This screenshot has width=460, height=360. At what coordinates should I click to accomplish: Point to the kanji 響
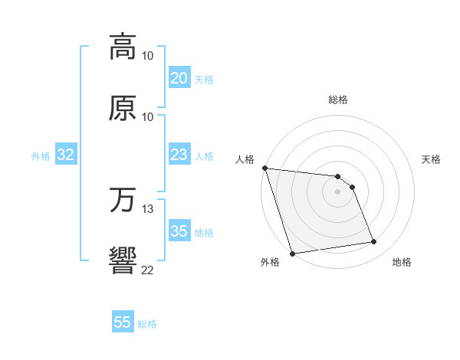123,260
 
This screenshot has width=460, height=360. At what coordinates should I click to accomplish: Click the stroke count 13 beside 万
148,209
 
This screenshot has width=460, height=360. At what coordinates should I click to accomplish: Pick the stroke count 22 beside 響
148,270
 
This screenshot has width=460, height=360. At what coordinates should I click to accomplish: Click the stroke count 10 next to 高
148,56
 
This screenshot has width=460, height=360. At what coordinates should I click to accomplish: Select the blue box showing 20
179,77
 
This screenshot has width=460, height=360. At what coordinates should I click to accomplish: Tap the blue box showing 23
179,155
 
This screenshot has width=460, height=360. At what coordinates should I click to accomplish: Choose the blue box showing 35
179,231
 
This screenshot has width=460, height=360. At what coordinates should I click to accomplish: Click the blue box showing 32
66,155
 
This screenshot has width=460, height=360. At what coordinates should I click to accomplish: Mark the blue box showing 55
123,322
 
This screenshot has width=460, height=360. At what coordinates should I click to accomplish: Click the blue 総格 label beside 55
147,324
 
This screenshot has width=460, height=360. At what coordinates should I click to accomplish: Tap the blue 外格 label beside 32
41,156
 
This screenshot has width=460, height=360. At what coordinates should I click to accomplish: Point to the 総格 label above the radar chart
338,100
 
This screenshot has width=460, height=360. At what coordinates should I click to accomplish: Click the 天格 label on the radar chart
432,159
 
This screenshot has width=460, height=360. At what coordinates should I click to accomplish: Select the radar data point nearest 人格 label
264,168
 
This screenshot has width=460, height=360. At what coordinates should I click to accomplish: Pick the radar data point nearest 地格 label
374,242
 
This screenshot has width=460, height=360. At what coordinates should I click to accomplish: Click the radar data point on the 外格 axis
292,253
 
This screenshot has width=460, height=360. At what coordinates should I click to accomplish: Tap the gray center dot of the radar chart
338,191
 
